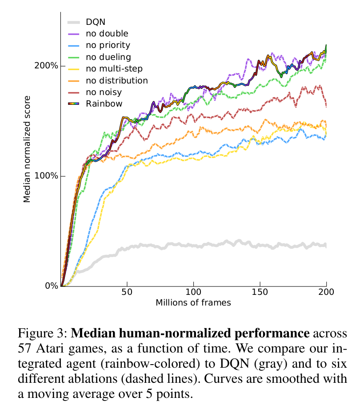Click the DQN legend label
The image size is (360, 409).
click(96, 21)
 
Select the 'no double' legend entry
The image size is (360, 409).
click(107, 33)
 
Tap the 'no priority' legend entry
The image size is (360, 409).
click(108, 45)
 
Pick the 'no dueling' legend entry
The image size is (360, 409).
click(108, 57)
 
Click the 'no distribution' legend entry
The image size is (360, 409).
click(117, 80)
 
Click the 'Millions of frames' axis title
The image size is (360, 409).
click(193, 303)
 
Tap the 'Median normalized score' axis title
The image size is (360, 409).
click(28, 149)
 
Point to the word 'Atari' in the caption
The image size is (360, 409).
click(51, 346)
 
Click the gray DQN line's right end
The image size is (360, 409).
click(326, 246)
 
